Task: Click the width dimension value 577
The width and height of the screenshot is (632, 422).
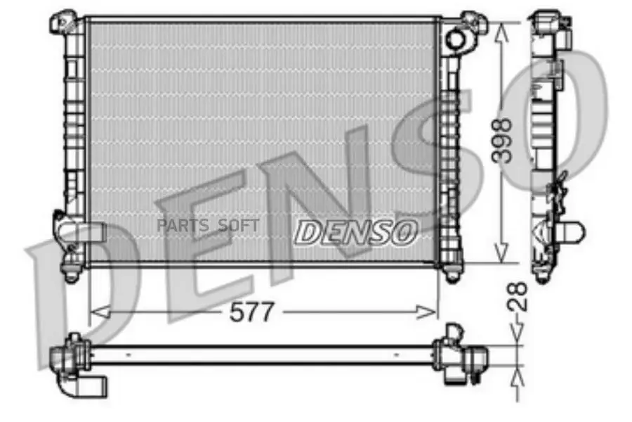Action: tap(251, 312)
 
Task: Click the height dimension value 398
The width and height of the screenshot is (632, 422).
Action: tap(501, 141)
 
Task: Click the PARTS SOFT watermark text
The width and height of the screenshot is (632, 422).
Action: tap(208, 226)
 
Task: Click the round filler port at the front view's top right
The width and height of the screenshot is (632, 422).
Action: tap(455, 39)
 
